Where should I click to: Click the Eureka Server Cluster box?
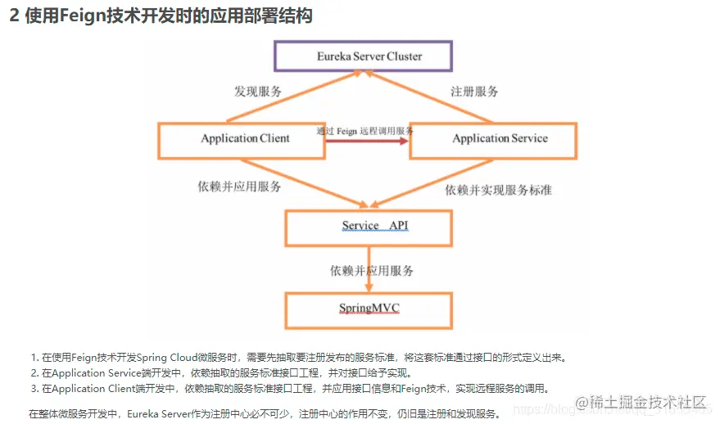358,56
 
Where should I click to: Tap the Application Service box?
493,139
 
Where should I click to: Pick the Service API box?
369,227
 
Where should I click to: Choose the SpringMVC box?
369,309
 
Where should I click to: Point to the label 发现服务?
258,92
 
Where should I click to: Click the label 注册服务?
474,92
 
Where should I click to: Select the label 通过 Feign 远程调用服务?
365,131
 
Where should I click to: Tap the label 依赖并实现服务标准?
498,190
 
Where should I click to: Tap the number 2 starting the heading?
14,16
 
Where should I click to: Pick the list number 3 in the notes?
34,389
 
